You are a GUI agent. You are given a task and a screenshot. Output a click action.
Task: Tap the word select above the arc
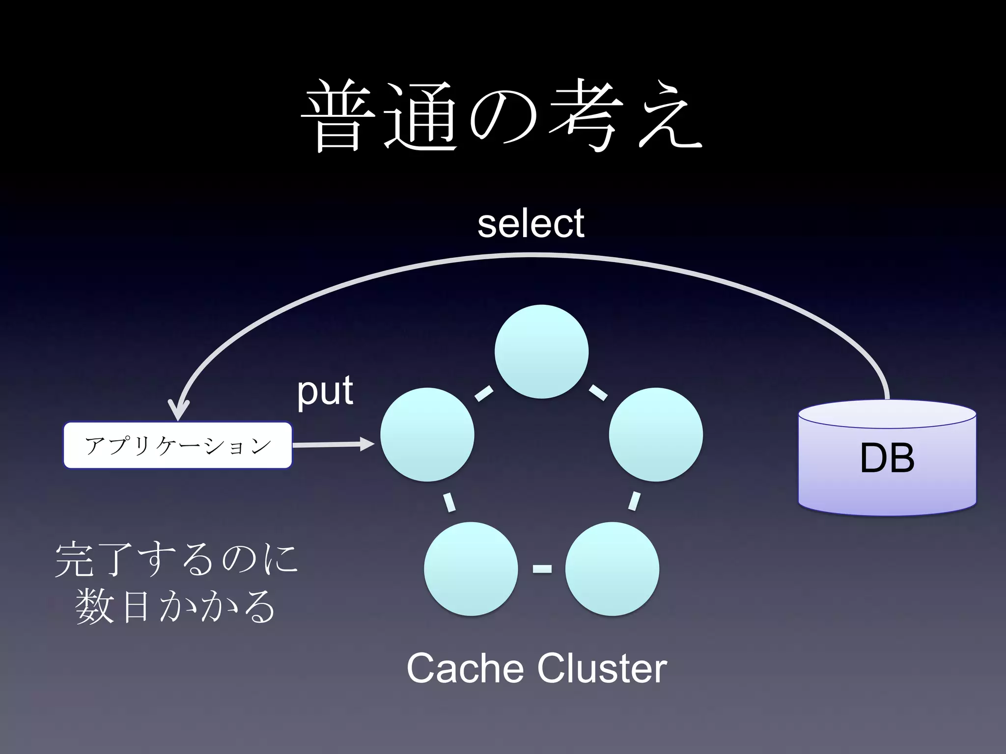point(531,223)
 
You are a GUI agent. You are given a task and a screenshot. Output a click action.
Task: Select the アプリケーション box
point(178,445)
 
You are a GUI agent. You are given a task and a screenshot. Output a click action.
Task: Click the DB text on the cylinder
point(887,458)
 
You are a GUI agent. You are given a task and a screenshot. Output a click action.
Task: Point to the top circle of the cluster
point(541,351)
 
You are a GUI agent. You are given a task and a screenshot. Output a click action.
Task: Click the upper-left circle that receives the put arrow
point(427,434)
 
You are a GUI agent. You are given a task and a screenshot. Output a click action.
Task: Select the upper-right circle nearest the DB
point(656,434)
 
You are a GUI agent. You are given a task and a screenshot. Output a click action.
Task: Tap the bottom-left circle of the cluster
point(471,569)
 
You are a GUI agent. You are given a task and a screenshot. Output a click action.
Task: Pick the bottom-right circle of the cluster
point(612,569)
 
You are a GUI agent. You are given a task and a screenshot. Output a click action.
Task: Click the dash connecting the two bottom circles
point(542,569)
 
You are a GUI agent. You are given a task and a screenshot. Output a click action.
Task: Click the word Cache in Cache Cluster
point(465,669)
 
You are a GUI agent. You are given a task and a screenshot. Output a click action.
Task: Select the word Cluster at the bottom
point(602,669)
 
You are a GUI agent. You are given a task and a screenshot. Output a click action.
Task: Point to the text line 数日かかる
point(175,606)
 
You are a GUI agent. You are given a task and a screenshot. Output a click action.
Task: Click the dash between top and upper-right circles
point(598,392)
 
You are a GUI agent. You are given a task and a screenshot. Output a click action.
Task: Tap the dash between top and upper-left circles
point(484,393)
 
